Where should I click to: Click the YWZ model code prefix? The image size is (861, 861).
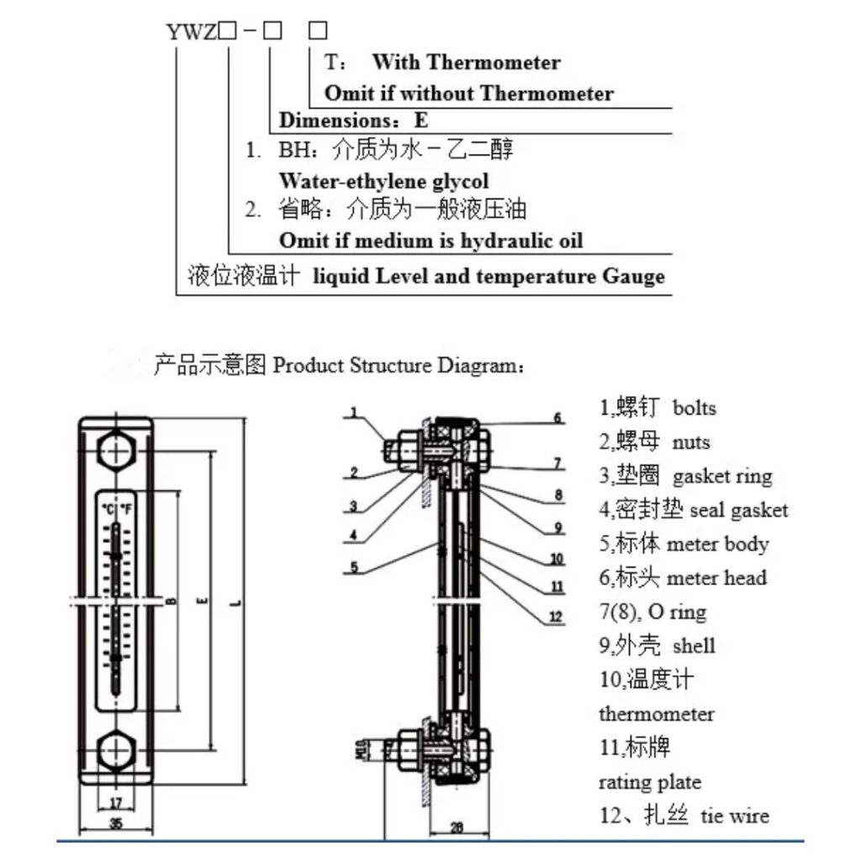tap(192, 32)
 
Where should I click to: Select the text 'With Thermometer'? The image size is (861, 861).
tap(466, 62)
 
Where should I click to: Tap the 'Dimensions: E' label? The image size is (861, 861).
tap(353, 120)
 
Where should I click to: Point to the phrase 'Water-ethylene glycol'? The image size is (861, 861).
tap(383, 181)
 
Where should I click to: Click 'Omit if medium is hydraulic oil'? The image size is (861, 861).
tap(430, 241)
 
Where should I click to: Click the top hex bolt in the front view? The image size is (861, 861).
tap(116, 452)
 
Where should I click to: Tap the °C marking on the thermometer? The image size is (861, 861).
tap(108, 509)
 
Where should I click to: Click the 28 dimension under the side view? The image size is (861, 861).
tap(455, 828)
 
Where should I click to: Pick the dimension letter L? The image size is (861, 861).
tap(239, 602)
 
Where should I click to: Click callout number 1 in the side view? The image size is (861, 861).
tap(354, 413)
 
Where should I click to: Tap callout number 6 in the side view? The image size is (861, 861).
tap(557, 418)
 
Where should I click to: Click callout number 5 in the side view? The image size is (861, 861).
tap(354, 568)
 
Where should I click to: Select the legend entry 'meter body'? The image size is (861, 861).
tap(717, 544)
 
